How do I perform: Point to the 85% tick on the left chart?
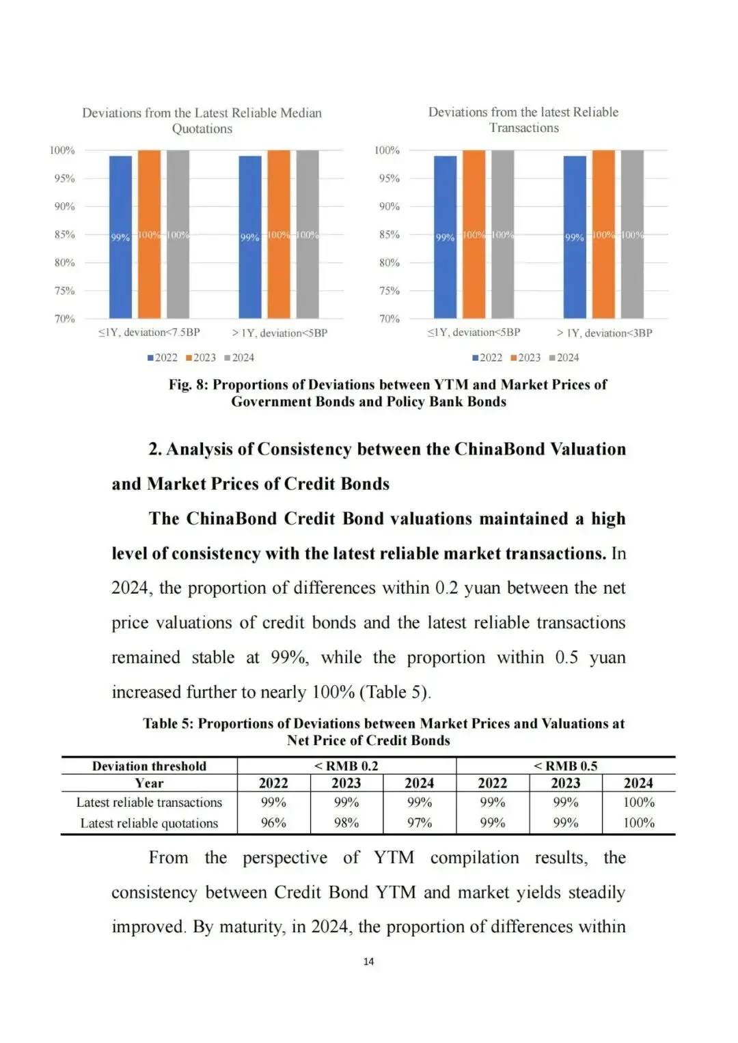click(x=64, y=234)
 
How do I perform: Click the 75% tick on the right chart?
click(x=389, y=290)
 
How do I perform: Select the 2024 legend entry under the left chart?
click(x=239, y=357)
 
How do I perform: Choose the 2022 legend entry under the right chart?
click(x=487, y=357)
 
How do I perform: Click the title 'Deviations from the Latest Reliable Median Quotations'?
click(x=202, y=120)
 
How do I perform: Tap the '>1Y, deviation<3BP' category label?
click(x=604, y=333)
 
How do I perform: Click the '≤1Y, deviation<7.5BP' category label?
click(x=149, y=333)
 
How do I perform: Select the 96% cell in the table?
click(x=273, y=823)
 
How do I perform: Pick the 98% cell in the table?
click(x=346, y=823)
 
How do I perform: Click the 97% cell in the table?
click(x=420, y=823)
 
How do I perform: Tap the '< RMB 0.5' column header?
click(x=565, y=766)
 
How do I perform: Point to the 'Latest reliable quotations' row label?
click(x=149, y=823)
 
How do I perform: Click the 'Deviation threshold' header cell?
click(x=149, y=766)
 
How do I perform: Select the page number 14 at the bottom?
click(x=368, y=961)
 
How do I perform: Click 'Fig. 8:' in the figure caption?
click(x=189, y=385)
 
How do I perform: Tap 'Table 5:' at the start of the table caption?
click(x=169, y=723)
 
